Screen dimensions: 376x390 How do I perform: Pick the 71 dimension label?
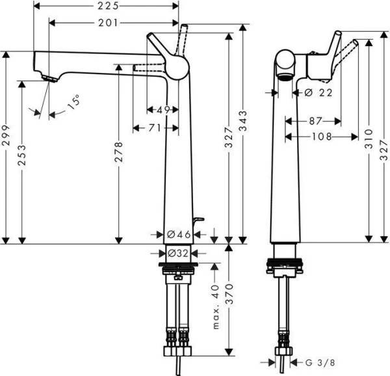(x=154, y=129)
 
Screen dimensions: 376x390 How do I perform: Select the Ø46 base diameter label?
(x=178, y=234)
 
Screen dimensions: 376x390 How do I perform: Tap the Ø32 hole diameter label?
(x=178, y=253)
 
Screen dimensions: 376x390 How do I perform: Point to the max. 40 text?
(x=215, y=306)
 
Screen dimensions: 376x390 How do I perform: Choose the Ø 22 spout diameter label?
(x=318, y=93)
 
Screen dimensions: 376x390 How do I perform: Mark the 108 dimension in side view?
(x=322, y=137)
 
